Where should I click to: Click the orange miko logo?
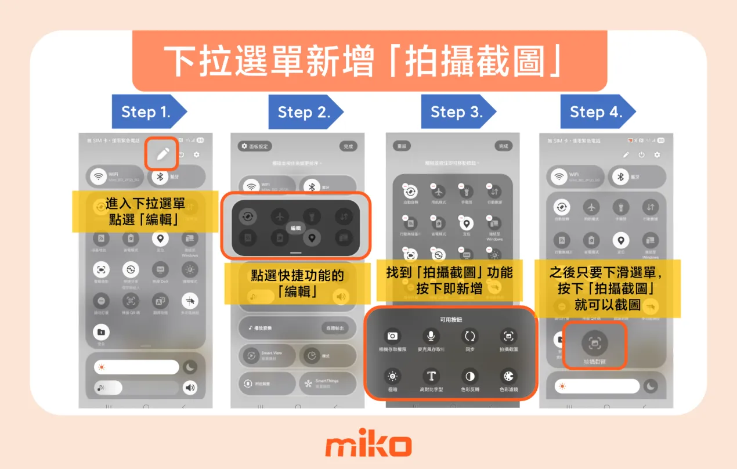coord(368,446)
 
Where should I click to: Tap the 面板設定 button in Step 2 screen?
coord(255,146)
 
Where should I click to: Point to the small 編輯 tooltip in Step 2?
coord(296,228)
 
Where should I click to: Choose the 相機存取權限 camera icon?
coord(392,336)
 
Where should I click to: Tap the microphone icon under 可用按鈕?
coord(431,336)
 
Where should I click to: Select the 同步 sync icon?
coord(469,336)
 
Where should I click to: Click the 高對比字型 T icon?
coord(431,376)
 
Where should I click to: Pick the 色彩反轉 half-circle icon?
coord(469,376)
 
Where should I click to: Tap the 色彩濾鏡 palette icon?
coord(508,376)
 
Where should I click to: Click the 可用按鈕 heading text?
coord(451,319)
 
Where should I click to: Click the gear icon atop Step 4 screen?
coord(657,155)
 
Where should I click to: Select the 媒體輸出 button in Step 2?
coord(336,328)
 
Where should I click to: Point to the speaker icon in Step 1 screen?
coord(190,388)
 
